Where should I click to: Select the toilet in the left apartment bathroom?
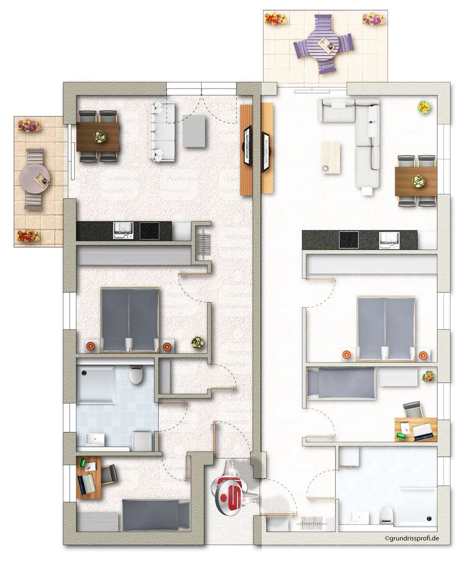click(136, 375)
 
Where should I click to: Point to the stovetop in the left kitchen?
click(149, 231)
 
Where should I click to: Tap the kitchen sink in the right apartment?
click(389, 240)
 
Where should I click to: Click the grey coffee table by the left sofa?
click(194, 131)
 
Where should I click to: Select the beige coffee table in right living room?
click(330, 158)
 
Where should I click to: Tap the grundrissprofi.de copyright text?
click(412, 537)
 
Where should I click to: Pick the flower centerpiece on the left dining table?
click(98, 137)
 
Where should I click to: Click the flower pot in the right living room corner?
click(424, 107)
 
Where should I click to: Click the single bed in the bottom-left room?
click(156, 515)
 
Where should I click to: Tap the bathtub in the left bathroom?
click(96, 384)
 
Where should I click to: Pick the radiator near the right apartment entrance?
click(312, 523)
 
